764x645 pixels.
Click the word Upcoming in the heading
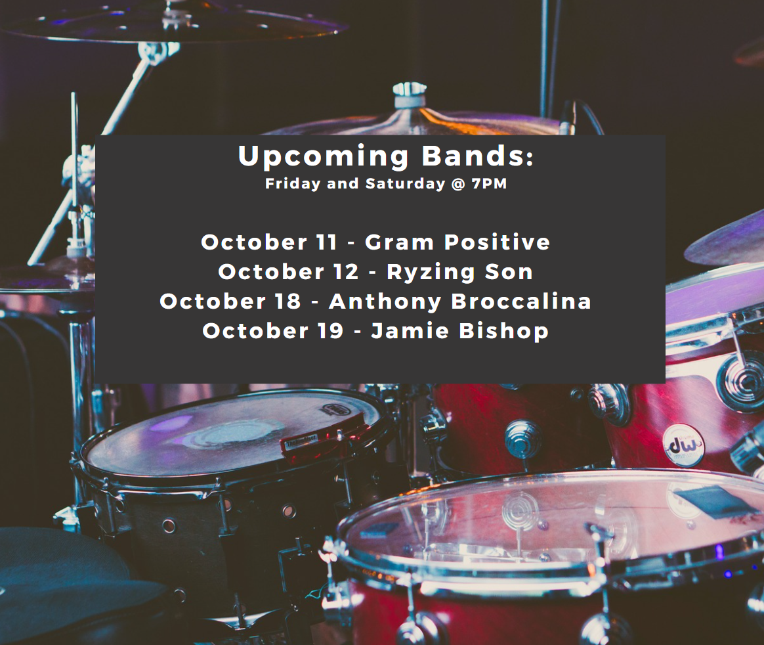pyautogui.click(x=323, y=157)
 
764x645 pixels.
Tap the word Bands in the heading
pyautogui.click(x=472, y=156)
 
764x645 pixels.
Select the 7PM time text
pyautogui.click(x=489, y=184)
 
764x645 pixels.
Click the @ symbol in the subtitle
pyautogui.click(x=459, y=185)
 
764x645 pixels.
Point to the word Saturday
pyautogui.click(x=406, y=185)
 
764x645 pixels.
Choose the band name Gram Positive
pyautogui.click(x=457, y=242)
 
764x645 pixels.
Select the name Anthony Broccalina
pyautogui.click(x=460, y=301)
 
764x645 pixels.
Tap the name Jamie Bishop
pyautogui.click(x=460, y=331)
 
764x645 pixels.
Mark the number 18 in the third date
pyautogui.click(x=288, y=301)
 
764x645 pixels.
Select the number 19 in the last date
pyautogui.click(x=331, y=331)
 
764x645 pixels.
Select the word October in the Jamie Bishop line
pyautogui.click(x=255, y=331)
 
